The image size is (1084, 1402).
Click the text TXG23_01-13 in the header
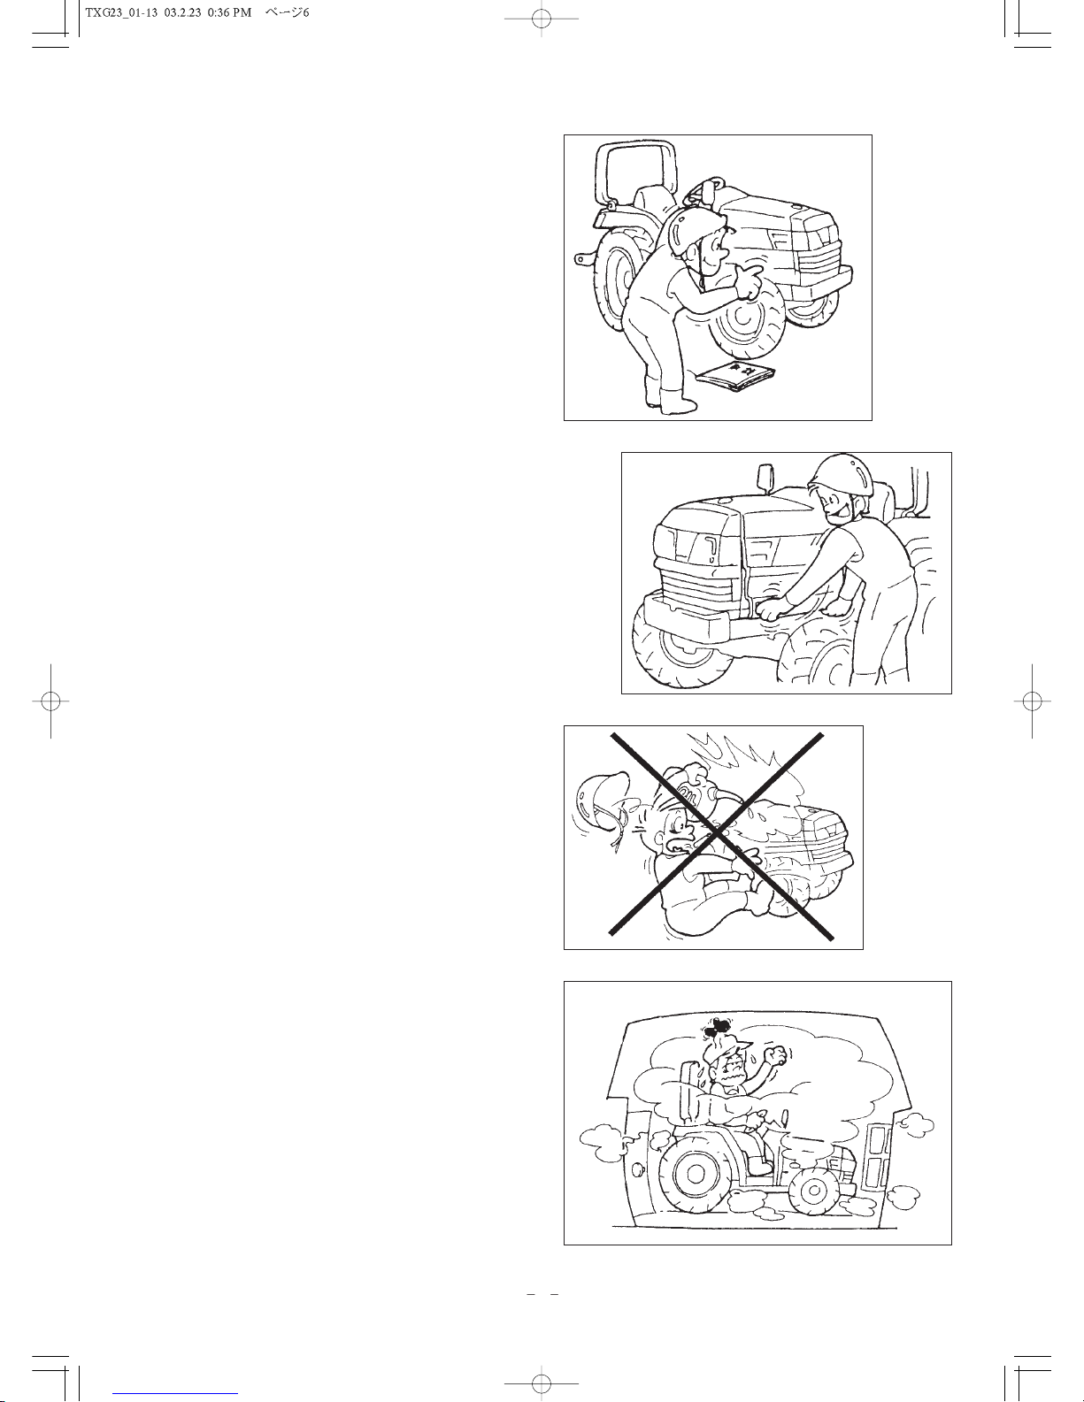tap(121, 13)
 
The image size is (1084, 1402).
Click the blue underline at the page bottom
tap(175, 1394)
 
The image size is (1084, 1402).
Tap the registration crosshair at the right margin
tap(1033, 701)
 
